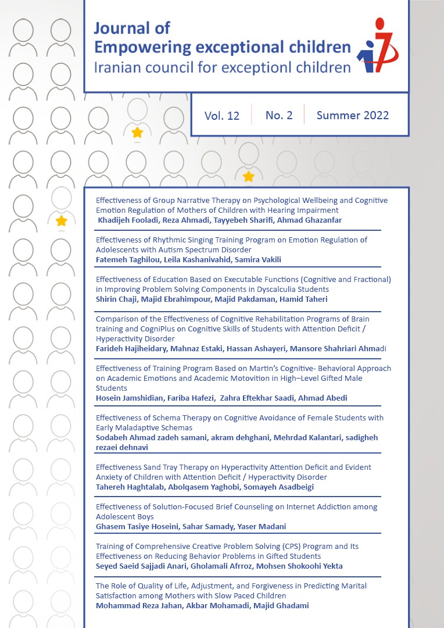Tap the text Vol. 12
222,116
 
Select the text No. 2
279,115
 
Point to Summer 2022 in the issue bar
353,115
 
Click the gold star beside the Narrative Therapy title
61,221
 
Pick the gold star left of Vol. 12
137,133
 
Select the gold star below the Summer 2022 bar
248,176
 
